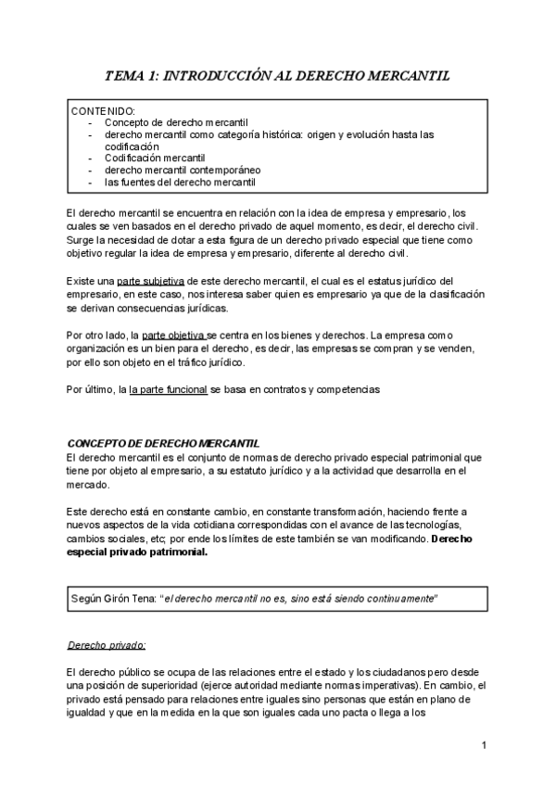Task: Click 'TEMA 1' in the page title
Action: pos(130,77)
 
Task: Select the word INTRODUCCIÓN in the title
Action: pos(208,77)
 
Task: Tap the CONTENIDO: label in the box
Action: pos(103,110)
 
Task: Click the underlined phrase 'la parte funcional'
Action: pos(168,390)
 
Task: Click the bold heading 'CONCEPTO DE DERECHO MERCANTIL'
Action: pos(164,444)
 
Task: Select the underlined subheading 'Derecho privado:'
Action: pos(107,646)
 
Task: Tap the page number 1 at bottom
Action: pos(485,745)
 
